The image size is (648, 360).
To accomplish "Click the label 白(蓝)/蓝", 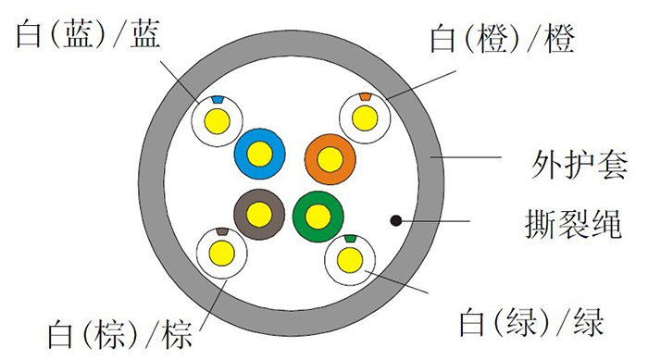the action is pos(87,37).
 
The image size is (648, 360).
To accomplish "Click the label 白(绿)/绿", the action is pos(532,323).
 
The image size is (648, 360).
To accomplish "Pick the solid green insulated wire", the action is pos(317,216).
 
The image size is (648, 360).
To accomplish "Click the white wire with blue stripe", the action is pos(217,118).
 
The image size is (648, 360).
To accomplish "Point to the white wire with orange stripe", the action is pos(365,117).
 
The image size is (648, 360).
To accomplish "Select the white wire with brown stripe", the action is pos(222,251).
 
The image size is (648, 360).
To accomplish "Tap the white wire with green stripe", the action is pos(349,259).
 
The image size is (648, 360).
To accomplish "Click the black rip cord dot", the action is pos(395,221).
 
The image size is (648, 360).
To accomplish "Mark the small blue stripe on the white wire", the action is pos(217,98).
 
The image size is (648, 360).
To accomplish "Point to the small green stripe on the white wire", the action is pos(349,239).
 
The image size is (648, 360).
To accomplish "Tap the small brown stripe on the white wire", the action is pos(221,230).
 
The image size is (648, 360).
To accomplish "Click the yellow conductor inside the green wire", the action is pos(317,216).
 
